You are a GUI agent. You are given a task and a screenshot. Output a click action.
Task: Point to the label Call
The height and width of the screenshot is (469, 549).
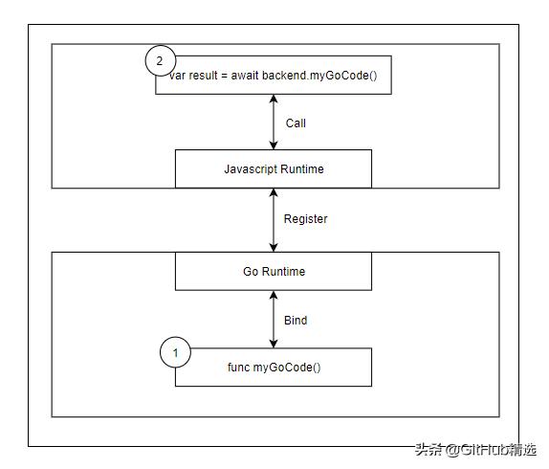point(296,123)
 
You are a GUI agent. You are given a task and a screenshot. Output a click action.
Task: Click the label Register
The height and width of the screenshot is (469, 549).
point(305,219)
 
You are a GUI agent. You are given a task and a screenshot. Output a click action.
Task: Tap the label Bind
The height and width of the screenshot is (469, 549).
point(296,320)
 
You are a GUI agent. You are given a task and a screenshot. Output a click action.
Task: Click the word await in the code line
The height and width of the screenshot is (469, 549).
point(245,76)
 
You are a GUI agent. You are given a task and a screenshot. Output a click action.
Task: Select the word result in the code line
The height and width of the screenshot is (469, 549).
point(203,76)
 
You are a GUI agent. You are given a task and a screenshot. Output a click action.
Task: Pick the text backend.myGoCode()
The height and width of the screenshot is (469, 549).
point(319,76)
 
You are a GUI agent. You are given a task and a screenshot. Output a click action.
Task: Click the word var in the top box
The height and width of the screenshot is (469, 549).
point(177,76)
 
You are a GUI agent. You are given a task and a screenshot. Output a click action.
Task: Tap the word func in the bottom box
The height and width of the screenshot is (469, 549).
point(239,368)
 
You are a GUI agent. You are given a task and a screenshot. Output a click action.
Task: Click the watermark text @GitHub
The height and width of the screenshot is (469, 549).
point(477,450)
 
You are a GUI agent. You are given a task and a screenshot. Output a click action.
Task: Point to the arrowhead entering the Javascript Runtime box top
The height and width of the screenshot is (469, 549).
point(274,145)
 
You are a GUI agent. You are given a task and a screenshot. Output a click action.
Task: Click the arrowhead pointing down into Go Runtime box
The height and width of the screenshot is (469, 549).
point(274,247)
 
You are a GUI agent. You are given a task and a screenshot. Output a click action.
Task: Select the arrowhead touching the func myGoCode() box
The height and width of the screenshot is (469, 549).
point(274,344)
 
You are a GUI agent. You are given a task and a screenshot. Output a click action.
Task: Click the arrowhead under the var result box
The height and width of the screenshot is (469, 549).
point(274,99)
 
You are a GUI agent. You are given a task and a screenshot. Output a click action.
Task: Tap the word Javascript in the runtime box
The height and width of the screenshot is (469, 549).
point(251,169)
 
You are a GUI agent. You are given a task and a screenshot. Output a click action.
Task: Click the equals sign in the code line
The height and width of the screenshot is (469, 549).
point(224,76)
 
